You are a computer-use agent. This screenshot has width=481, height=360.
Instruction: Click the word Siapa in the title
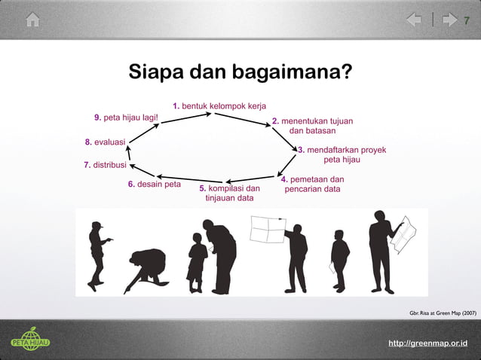(x=155, y=73)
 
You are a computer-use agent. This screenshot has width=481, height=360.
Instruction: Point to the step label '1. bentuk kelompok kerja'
(x=219, y=105)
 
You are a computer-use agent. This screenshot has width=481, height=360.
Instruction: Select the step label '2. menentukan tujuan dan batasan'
(x=312, y=125)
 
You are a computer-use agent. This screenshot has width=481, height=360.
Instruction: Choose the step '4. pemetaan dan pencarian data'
(x=312, y=184)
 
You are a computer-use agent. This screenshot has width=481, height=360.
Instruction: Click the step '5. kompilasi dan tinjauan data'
(x=230, y=193)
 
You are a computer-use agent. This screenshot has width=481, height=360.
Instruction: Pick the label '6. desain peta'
(x=154, y=184)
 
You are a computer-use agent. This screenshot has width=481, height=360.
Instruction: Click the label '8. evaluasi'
(x=105, y=142)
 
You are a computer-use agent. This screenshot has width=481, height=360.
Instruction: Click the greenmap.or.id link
(x=427, y=343)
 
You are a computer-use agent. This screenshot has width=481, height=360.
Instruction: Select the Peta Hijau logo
(x=30, y=340)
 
